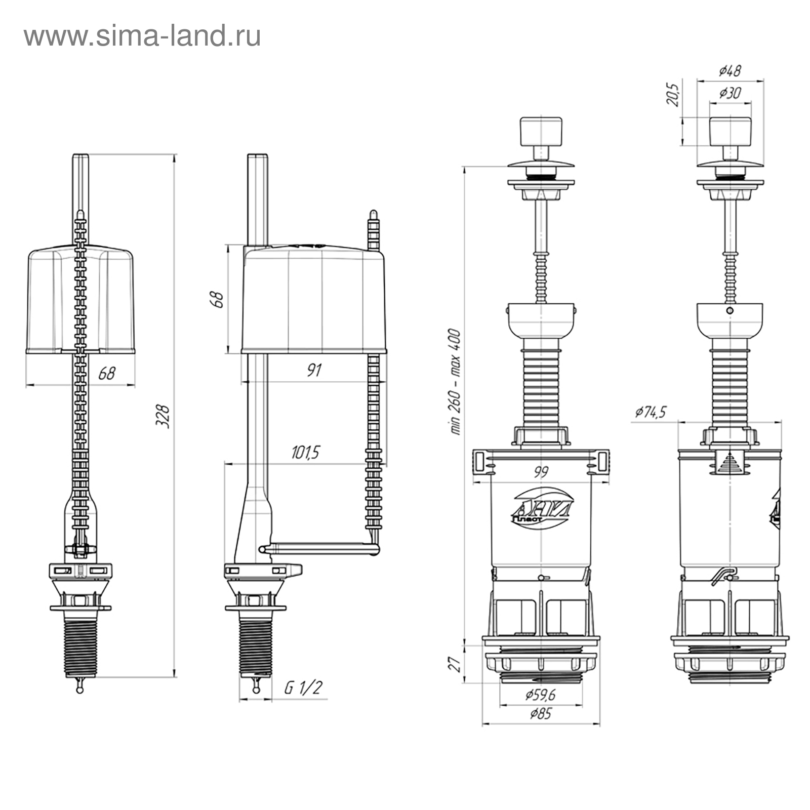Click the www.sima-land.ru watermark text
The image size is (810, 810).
[x=142, y=36]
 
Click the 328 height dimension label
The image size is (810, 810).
[x=163, y=416]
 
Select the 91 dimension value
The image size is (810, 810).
[x=314, y=370]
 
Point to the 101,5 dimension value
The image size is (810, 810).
[x=306, y=452]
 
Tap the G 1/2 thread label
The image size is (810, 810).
[x=303, y=687]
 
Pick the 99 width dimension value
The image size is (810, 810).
[x=541, y=472]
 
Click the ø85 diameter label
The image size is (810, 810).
[x=540, y=714]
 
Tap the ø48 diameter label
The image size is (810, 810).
[x=730, y=70]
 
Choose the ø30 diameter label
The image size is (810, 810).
[x=730, y=93]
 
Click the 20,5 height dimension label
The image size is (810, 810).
[x=673, y=94]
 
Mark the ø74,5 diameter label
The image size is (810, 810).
[x=651, y=412]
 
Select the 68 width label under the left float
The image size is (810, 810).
[x=107, y=373]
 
